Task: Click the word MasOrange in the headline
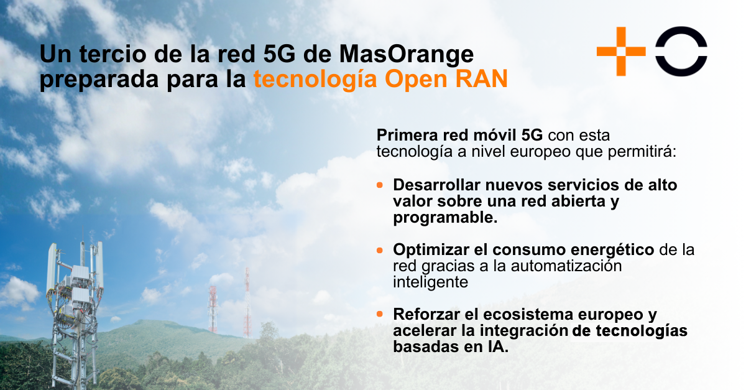[407, 55]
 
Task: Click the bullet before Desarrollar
[380, 185]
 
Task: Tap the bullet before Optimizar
[380, 250]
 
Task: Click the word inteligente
[429, 282]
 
